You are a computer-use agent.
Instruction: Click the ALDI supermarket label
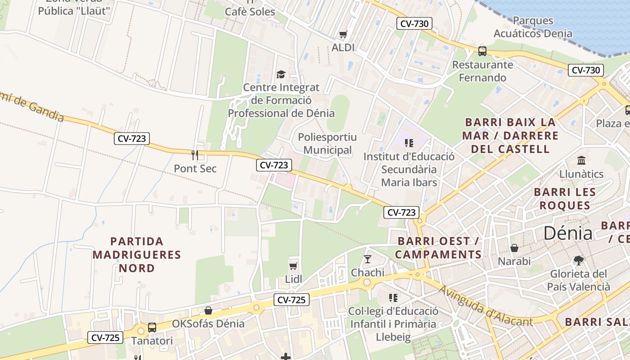tap(343, 47)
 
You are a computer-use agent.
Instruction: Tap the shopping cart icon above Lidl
tap(293, 266)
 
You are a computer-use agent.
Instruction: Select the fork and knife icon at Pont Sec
tap(195, 155)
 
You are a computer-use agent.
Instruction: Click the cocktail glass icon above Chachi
tap(368, 259)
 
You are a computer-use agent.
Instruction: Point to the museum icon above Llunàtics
tap(581, 160)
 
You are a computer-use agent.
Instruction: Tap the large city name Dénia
tap(568, 233)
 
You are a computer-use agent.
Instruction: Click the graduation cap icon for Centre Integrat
tap(281, 74)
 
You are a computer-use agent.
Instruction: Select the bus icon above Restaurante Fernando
tap(482, 51)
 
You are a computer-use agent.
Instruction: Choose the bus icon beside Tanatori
tap(152, 327)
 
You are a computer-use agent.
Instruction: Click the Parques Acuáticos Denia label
tap(533, 27)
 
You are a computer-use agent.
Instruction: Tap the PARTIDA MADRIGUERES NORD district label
tap(137, 255)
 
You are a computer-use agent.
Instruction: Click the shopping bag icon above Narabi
tap(514, 248)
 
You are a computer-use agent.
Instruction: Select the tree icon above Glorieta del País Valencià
tap(579, 260)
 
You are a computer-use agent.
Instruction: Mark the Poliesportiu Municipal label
tap(328, 144)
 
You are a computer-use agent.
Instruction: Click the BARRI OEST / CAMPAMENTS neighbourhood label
tap(438, 247)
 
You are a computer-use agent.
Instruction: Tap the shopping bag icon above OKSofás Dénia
tap(208, 310)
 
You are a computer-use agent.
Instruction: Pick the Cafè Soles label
tap(250, 12)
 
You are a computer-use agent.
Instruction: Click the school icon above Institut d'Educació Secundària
tap(409, 143)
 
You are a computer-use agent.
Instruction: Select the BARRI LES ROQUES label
tap(565, 198)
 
